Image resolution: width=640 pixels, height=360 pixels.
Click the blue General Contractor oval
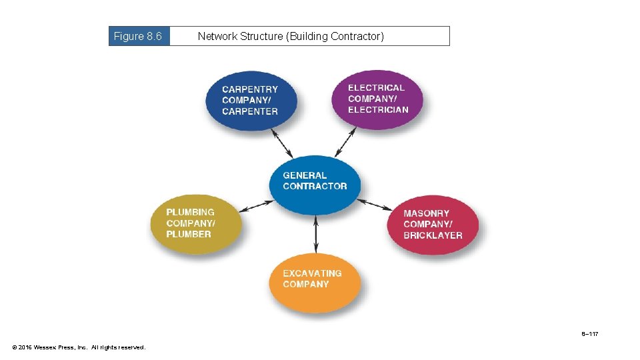click(x=315, y=185)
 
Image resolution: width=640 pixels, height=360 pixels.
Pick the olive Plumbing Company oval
click(x=195, y=224)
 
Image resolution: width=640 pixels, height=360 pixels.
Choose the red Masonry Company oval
click(x=433, y=225)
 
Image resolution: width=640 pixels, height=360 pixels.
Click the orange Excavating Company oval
click(x=315, y=283)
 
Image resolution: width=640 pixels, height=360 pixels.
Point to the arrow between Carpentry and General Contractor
click(x=282, y=143)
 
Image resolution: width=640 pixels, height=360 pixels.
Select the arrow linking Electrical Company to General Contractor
click(x=345, y=142)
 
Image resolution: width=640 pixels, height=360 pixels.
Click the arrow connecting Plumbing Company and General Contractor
click(x=256, y=205)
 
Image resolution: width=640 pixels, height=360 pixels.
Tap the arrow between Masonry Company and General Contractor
click(x=375, y=204)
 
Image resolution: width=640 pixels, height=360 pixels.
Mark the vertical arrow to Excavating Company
click(x=316, y=235)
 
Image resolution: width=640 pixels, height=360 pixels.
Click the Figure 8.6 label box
click(x=139, y=36)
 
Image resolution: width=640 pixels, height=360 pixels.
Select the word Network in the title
click(x=217, y=36)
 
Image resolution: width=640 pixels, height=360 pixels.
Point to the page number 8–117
click(x=589, y=333)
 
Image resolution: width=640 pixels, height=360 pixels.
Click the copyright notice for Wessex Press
click(x=79, y=347)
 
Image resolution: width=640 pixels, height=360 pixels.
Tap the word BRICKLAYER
click(x=433, y=235)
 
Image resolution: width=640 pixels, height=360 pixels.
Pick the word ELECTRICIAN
click(x=378, y=110)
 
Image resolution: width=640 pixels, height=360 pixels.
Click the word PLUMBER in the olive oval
click(x=189, y=234)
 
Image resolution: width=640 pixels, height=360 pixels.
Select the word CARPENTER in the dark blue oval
click(x=250, y=111)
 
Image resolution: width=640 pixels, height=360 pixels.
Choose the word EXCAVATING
click(x=312, y=273)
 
